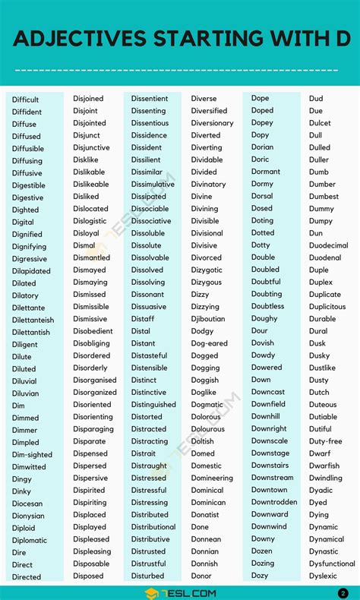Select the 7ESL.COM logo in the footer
(179, 592)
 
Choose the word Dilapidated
(31, 271)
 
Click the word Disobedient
(93, 331)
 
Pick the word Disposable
(91, 564)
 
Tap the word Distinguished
(153, 405)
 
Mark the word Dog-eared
(210, 343)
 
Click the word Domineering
(212, 478)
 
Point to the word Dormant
(266, 172)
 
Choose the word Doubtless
(267, 306)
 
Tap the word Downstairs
(270, 466)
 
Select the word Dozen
(262, 551)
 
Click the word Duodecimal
(329, 246)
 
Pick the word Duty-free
(325, 441)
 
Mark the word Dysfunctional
(332, 564)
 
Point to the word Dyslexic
(323, 576)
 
